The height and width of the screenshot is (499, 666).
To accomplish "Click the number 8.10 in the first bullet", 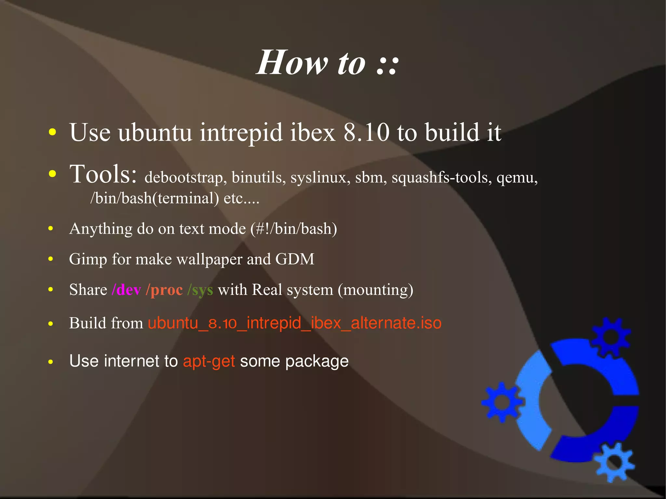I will [366, 133].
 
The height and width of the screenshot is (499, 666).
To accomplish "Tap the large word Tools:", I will [103, 174].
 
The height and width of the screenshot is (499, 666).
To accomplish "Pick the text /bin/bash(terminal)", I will [154, 198].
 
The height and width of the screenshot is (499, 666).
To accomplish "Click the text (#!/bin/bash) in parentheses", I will [294, 229].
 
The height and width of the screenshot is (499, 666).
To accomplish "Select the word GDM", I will [295, 259].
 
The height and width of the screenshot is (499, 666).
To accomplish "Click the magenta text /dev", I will [127, 290].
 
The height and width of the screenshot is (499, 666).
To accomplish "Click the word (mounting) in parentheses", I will [376, 290].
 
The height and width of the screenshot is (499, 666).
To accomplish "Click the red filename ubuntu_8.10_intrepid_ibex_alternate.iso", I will [294, 323].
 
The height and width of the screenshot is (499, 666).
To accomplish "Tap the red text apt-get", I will [209, 361].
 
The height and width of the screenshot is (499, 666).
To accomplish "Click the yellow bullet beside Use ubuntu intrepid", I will [52, 133].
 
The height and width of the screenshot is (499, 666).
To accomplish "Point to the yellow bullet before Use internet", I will [50, 361].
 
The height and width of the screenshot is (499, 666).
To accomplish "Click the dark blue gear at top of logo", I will [611, 336].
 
